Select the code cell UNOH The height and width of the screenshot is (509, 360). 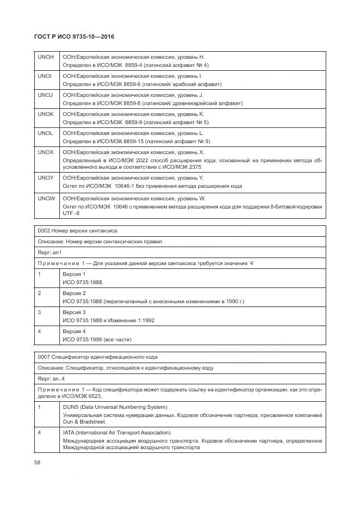pos(45,57)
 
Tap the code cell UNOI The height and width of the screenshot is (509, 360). pos(45,76)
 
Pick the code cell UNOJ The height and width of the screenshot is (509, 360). pos(45,95)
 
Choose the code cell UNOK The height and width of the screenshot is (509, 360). pos(45,114)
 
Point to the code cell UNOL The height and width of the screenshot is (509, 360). pos(45,133)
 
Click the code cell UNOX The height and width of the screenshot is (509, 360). pos(45,152)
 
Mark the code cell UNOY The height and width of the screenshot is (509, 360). pos(45,178)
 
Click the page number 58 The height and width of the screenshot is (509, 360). pos(38,463)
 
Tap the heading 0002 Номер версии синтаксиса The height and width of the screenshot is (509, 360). pos(77,231)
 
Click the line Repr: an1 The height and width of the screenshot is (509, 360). pos(50,253)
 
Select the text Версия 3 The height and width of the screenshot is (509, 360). pos(74,312)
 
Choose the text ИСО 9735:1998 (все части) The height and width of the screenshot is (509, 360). pos(97,340)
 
